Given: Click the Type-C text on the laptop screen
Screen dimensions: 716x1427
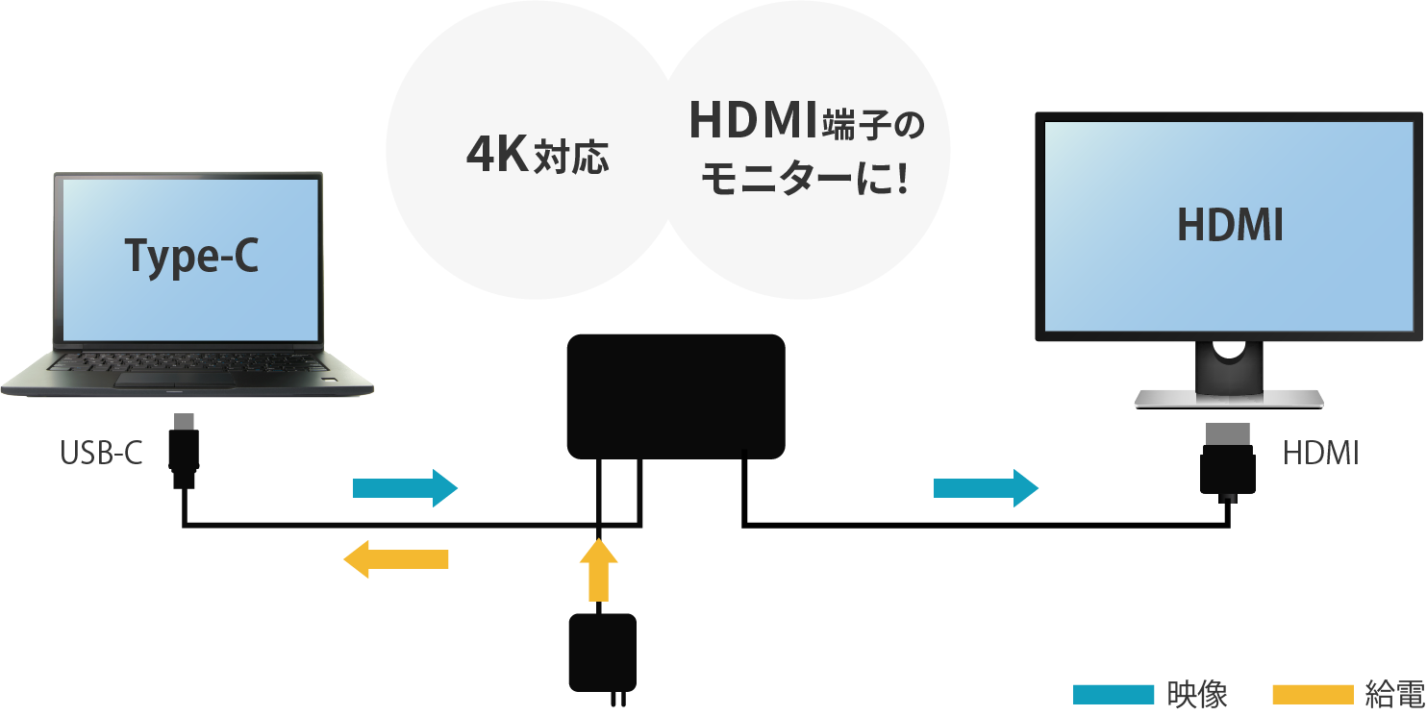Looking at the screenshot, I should tap(192, 257).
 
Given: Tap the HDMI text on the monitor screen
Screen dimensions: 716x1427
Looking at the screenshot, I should tap(1231, 226).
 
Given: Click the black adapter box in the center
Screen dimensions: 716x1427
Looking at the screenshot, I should tap(676, 395).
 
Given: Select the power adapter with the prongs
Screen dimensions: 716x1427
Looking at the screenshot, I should tap(603, 653).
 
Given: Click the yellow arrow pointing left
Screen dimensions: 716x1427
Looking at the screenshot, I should tap(396, 558).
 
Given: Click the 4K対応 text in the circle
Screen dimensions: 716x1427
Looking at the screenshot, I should tap(538, 157).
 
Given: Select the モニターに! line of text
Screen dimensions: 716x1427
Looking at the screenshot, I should tap(805, 180).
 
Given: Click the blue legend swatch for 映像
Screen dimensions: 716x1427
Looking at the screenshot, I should tap(1113, 694).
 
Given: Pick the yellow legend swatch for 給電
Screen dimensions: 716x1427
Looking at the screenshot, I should tap(1313, 694).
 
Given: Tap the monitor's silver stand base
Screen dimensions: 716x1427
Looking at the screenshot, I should tap(1229, 399).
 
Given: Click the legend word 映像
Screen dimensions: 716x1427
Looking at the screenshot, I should tap(1196, 694).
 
